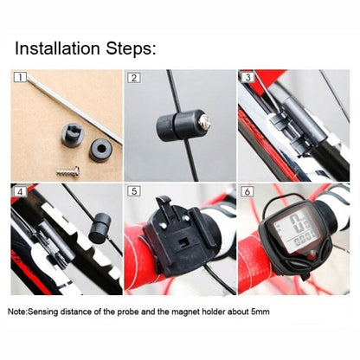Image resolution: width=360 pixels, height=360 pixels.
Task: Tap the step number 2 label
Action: tap(134, 78)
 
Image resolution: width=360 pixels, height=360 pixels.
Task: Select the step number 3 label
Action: tap(247, 78)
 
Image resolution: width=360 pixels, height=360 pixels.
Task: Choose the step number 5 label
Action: tap(134, 190)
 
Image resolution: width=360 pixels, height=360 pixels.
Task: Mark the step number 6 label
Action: tap(247, 190)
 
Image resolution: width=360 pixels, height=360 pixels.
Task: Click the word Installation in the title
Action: tap(66, 48)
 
